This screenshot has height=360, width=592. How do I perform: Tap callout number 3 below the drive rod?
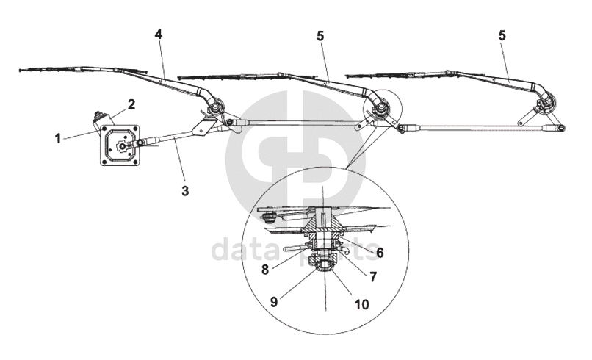186,191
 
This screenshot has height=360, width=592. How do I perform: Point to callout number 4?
158,35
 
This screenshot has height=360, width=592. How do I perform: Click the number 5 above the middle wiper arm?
320,35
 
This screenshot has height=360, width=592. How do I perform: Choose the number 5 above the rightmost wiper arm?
502,35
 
